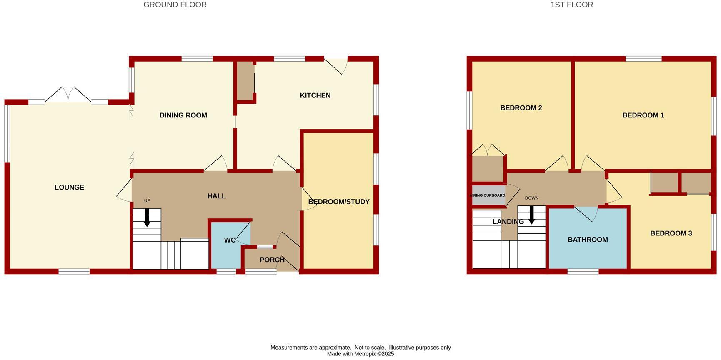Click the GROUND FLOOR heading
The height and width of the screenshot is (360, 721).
175,5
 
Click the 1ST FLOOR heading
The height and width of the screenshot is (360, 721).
571,5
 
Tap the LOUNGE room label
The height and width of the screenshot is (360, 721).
69,187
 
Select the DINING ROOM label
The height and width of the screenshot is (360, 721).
183,115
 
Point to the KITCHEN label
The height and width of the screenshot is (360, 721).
315,95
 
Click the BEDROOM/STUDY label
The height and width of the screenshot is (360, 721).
339,202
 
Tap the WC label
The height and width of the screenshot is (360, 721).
230,240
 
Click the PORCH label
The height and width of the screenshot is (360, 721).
272,260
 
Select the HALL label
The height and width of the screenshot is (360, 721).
216,196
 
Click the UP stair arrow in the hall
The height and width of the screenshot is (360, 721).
147,217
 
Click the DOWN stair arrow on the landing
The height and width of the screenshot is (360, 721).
531,215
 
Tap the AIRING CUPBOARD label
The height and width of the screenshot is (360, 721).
487,195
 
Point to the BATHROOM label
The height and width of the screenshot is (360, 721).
588,240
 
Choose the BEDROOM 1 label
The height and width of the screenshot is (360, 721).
643,115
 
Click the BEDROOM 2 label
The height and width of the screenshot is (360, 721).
521,108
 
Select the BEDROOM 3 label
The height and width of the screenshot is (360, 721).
671,233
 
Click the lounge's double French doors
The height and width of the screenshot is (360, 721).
68,95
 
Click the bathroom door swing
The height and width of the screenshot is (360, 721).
587,214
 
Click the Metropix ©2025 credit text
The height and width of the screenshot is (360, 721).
360,354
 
